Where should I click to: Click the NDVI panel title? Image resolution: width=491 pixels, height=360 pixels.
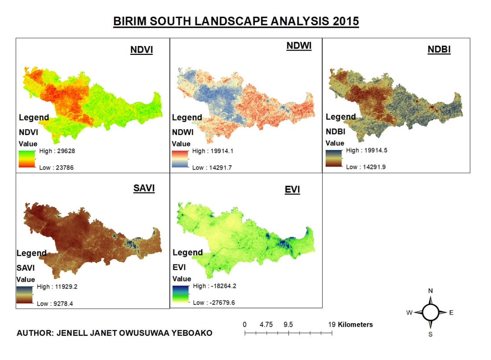point(141,50)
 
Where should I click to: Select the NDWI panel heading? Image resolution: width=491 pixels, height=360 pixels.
point(299,46)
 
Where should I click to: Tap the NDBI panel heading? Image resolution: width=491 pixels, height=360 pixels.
point(439,50)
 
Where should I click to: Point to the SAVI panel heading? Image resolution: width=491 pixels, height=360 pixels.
point(144,189)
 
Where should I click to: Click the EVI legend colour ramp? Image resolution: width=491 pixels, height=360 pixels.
point(180,294)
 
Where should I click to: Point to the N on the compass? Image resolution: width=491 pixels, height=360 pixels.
point(430,291)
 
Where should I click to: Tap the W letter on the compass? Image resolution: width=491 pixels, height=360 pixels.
point(409,313)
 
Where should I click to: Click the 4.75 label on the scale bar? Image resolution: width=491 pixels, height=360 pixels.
point(266,324)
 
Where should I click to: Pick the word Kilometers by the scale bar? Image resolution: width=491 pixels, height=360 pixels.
point(355,324)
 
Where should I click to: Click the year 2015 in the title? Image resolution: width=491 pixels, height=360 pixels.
point(344,21)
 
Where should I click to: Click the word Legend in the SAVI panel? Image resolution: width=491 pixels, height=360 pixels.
point(31,253)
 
